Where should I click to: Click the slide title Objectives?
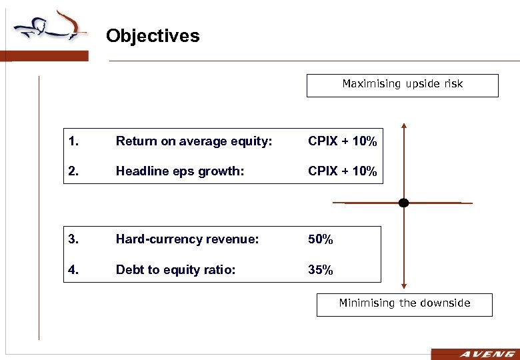[x=152, y=35]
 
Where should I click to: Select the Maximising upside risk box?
[x=402, y=85]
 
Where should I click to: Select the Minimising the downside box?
[x=404, y=304]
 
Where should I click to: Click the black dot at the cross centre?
[x=403, y=203]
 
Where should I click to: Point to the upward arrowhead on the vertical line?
[x=403, y=126]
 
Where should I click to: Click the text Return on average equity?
[x=194, y=141]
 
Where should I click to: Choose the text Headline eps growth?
[x=180, y=171]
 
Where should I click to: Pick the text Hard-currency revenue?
[x=187, y=239]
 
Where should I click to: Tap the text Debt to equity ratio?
[x=175, y=270]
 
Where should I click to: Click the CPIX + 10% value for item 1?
[x=342, y=141]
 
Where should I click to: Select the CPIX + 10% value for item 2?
[x=342, y=171]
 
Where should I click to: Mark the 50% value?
[x=320, y=239]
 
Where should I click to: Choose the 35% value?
[x=320, y=270]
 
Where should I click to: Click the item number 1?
[x=72, y=141]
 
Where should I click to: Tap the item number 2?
[x=72, y=171]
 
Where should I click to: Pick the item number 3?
[x=72, y=239]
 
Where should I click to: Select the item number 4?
[x=72, y=270]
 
